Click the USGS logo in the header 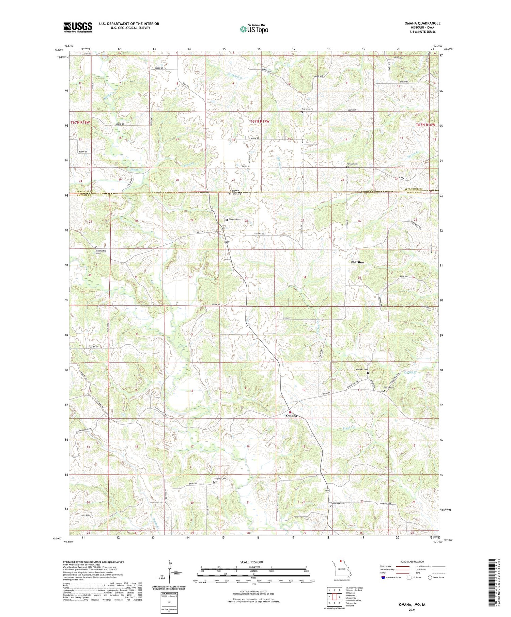(x=78, y=27)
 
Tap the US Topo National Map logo (x=254, y=29)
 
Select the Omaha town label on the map (x=291, y=416)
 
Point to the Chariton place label (x=357, y=262)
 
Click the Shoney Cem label (x=234, y=220)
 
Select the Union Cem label (x=352, y=164)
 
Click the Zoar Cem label (x=306, y=109)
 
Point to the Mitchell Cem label (x=362, y=370)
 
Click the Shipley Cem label (x=220, y=478)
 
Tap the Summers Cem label (x=338, y=503)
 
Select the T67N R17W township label (x=260, y=121)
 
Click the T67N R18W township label (x=81, y=122)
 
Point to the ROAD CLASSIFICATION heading (x=412, y=562)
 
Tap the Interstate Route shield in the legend (x=383, y=578)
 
